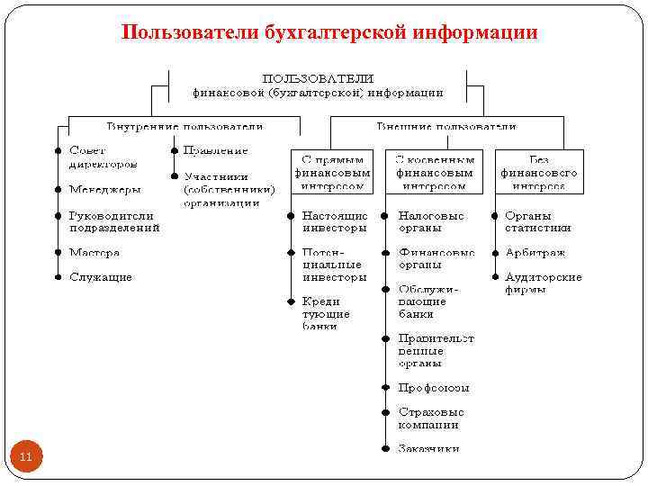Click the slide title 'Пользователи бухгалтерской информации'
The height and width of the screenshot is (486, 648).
pos(329,33)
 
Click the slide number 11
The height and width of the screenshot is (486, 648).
pos(25,457)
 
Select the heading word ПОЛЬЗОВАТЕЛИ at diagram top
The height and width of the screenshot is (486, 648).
pos(318,78)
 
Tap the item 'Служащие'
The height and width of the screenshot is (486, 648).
pos(101,277)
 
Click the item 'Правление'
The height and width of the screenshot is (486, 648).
pos(216,150)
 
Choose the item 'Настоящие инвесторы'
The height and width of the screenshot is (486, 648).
pos(335,221)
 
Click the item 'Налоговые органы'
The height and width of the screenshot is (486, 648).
pos(432,221)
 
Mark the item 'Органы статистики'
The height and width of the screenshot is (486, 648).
pos(537,221)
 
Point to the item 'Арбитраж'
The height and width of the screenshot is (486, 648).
pos(535,253)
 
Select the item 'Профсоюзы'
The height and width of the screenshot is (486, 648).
pos(434,388)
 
